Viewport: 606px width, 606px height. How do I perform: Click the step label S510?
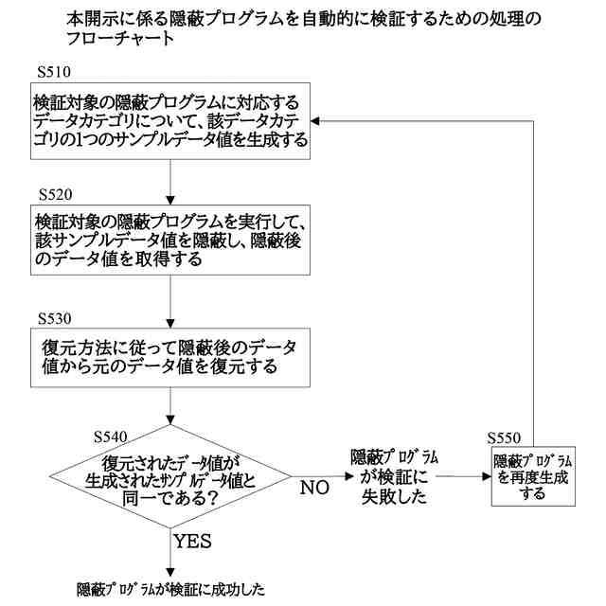point(55,71)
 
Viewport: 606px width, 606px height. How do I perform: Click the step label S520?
point(55,194)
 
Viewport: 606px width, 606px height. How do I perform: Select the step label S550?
point(504,438)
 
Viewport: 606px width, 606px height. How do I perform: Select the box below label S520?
point(169,241)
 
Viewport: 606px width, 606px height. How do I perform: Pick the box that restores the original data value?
point(169,357)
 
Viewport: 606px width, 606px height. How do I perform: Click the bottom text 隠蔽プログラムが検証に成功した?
point(170,589)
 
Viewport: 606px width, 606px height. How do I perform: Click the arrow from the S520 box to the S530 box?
point(169,300)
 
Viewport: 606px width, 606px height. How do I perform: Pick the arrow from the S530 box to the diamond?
point(169,407)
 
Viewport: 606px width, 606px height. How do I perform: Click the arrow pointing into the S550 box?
point(464,477)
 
